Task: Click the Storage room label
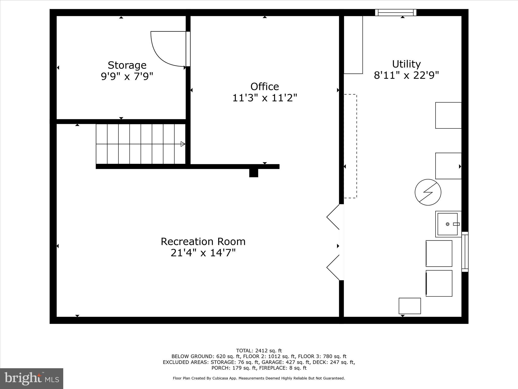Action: pyautogui.click(x=127, y=65)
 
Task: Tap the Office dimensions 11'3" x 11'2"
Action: pyautogui.click(x=265, y=98)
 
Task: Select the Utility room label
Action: pyautogui.click(x=406, y=64)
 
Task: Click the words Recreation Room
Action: pyautogui.click(x=203, y=242)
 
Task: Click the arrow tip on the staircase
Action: pyautogui.click(x=183, y=144)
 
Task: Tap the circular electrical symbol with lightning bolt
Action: pyautogui.click(x=428, y=192)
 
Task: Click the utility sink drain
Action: pyautogui.click(x=447, y=224)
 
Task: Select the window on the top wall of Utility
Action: pyautogui.click(x=396, y=12)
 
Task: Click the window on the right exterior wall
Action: pyautogui.click(x=465, y=252)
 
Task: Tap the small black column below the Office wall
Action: pyautogui.click(x=254, y=173)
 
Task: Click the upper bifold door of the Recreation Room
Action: pyautogui.click(x=333, y=217)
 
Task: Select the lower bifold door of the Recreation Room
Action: pyautogui.click(x=333, y=267)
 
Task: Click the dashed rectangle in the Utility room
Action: pyautogui.click(x=351, y=146)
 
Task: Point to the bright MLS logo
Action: pyautogui.click(x=32, y=378)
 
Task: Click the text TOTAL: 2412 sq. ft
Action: pyautogui.click(x=259, y=351)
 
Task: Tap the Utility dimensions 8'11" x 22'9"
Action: pyautogui.click(x=406, y=75)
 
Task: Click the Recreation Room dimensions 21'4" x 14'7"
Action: pyautogui.click(x=203, y=253)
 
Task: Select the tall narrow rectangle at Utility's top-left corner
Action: pyautogui.click(x=353, y=45)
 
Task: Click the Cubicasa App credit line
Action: pyautogui.click(x=259, y=378)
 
